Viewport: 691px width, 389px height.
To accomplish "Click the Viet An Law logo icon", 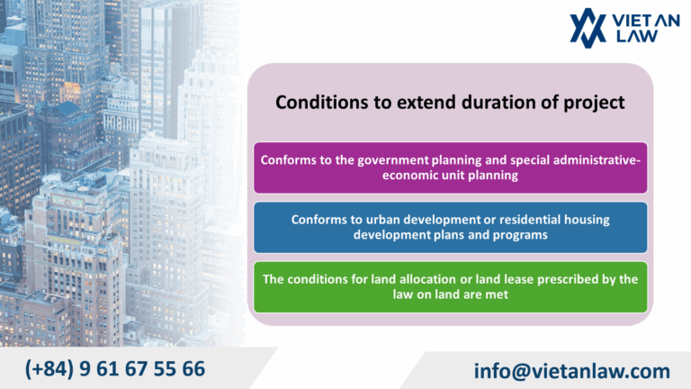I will pos(588,26).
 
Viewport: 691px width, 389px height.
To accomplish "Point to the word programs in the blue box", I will pos(520,234).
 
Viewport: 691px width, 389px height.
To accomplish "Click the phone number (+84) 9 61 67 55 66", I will pos(115,368).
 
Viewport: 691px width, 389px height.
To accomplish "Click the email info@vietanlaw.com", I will pos(572,370).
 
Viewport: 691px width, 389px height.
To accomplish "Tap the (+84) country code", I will pos(51,368).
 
